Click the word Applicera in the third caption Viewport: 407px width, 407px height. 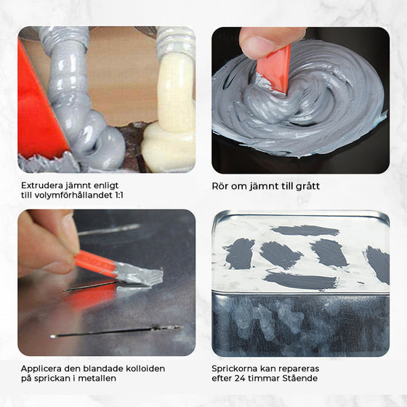pyautogui.click(x=43, y=368)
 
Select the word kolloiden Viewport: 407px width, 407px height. pyautogui.click(x=152, y=368)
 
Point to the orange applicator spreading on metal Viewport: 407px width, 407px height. pyautogui.click(x=94, y=262)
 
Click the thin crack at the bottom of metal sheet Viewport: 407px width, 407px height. pyautogui.click(x=116, y=331)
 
